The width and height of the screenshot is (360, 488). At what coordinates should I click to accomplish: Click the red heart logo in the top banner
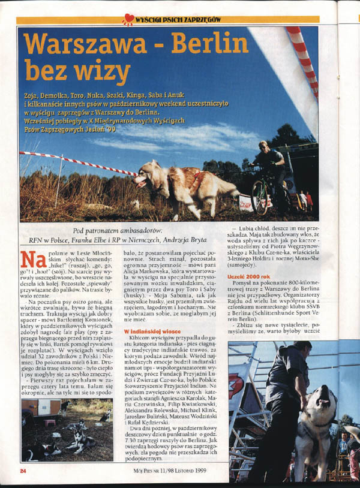point(128,20)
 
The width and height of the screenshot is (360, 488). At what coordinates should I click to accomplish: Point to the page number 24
point(23,471)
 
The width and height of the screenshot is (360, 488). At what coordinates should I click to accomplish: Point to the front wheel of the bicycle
point(260,198)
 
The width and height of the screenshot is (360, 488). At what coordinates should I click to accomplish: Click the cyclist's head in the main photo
point(264,147)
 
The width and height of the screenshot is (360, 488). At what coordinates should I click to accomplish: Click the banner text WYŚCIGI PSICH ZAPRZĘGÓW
point(178,20)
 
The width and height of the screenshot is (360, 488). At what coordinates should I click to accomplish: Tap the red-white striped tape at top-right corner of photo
point(303,57)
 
